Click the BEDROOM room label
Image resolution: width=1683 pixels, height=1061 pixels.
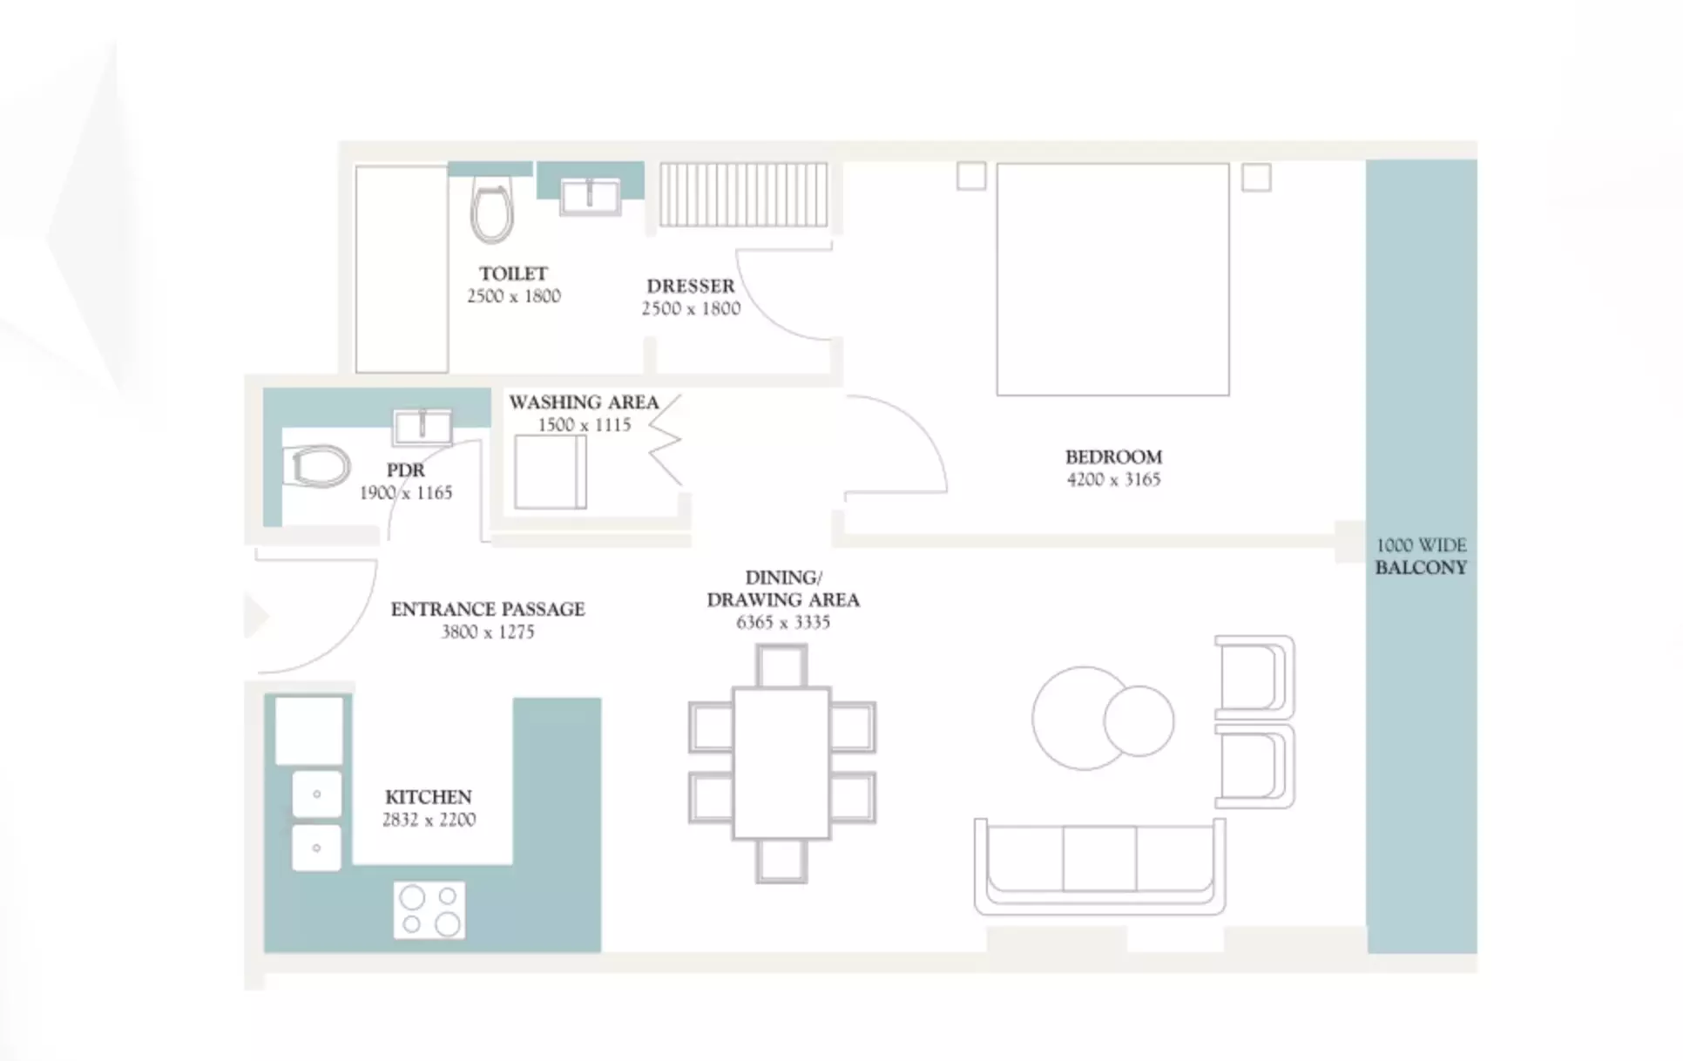point(1113,457)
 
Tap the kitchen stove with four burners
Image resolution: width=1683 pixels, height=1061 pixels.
point(429,910)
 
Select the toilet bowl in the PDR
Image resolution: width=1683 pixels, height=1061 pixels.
point(316,466)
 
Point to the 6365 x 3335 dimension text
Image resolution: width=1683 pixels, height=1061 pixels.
point(783,622)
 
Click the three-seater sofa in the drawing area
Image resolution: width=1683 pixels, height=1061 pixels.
point(1099,867)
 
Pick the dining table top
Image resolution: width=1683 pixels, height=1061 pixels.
point(781,763)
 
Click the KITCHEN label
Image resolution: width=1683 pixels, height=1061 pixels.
point(429,797)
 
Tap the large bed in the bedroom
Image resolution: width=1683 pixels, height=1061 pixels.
point(1112,280)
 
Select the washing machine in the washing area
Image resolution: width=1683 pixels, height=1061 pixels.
point(551,471)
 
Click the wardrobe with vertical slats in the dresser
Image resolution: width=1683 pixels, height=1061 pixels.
point(743,194)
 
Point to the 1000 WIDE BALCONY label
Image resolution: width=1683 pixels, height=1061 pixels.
point(1421,556)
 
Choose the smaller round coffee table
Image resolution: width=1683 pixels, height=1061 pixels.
point(1139,720)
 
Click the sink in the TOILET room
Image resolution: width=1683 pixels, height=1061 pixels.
point(591,196)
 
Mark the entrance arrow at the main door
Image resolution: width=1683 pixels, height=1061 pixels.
point(256,616)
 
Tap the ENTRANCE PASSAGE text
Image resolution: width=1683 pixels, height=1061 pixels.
point(488,609)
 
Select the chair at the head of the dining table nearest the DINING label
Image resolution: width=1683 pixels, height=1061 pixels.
point(781,666)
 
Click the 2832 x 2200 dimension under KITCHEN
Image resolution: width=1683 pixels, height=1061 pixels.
point(429,820)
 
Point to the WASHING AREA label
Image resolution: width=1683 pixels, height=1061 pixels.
point(584,402)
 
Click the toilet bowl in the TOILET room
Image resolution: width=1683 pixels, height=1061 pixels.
point(492,210)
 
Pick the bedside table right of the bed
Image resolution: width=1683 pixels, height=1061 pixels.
point(1256,178)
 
